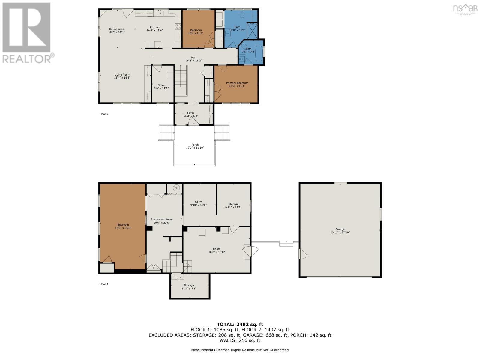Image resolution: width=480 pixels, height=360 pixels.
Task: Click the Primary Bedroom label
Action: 237,83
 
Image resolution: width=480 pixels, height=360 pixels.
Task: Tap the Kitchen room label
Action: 154,27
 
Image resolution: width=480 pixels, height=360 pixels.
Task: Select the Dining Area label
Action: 117,29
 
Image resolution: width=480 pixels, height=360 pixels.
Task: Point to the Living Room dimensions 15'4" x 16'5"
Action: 122,78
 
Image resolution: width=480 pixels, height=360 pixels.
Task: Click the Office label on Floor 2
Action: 161,85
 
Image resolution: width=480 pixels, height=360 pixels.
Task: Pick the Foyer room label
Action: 191,113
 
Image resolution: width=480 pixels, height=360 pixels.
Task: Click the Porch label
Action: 195,145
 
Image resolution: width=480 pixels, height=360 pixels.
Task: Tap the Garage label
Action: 340,229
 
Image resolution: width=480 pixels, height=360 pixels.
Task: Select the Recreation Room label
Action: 162,220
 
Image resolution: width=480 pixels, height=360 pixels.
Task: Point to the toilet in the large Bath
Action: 242,14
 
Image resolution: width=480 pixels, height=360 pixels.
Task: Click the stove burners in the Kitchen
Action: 178,27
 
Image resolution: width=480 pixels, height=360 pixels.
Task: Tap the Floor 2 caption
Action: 104,114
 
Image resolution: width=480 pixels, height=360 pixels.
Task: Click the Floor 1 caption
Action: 104,284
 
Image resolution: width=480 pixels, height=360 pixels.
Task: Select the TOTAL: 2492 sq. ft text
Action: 240,324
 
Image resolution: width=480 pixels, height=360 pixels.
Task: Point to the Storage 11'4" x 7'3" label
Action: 189,287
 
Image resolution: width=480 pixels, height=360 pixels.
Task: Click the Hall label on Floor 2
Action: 193,58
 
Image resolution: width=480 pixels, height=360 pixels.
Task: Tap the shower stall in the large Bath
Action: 252,31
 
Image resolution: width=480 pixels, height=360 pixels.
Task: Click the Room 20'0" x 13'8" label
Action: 217,250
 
